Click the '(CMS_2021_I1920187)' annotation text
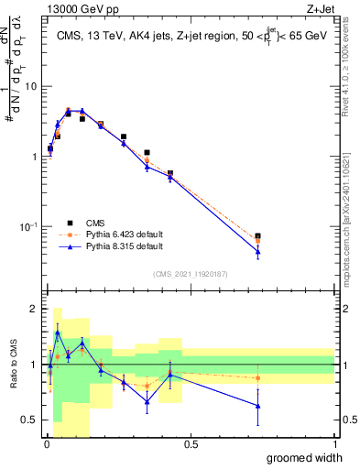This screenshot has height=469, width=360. [x=191, y=274]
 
